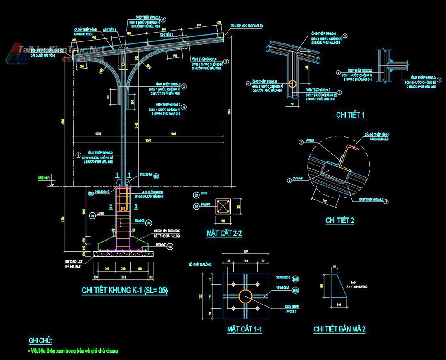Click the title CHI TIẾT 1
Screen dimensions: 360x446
(350, 115)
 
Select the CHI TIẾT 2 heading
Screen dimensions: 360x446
(339, 220)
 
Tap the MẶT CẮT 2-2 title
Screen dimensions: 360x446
(224, 234)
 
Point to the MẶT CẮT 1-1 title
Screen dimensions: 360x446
(244, 329)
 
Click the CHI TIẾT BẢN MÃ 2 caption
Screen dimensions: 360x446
(339, 329)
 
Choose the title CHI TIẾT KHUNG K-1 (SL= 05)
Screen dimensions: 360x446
(125, 291)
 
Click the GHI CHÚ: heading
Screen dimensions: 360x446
(40, 341)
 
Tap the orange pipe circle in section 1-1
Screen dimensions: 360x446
(245, 296)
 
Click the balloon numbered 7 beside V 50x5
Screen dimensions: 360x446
(301, 142)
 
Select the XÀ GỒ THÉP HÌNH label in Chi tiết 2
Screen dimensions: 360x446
(377, 135)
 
